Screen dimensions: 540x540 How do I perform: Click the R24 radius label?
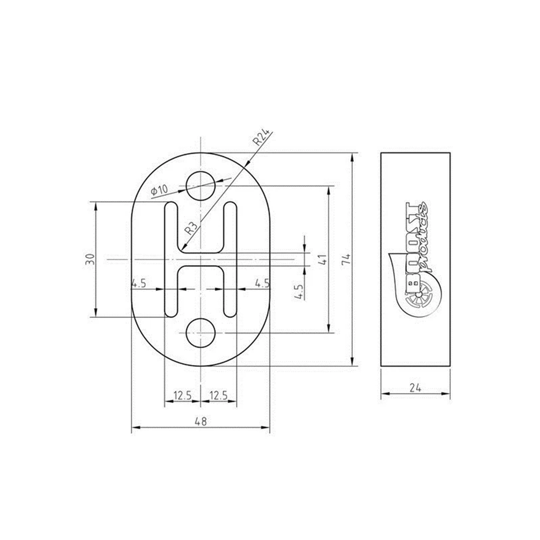[x=261, y=137]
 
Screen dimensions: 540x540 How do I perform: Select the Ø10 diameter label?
[x=159, y=190]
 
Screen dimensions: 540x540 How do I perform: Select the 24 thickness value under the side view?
[x=415, y=388]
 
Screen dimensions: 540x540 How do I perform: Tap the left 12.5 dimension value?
[x=182, y=396]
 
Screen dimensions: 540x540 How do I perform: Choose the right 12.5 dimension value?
[x=219, y=396]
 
